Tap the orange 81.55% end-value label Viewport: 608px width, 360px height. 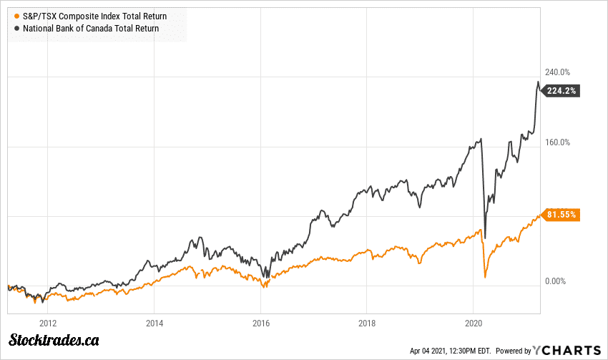[x=562, y=214]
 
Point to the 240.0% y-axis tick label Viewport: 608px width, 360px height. [x=558, y=72]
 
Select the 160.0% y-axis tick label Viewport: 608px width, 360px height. [x=558, y=142]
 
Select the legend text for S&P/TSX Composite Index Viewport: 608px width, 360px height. [x=94, y=15]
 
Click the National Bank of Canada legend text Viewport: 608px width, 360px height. [x=91, y=29]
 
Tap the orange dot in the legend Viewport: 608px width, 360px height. [x=16, y=15]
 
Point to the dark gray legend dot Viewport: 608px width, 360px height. [x=16, y=29]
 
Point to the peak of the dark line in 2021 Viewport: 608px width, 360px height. [x=538, y=82]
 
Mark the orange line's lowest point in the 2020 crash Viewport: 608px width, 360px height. [x=485, y=277]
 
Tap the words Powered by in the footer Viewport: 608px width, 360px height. [x=513, y=351]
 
